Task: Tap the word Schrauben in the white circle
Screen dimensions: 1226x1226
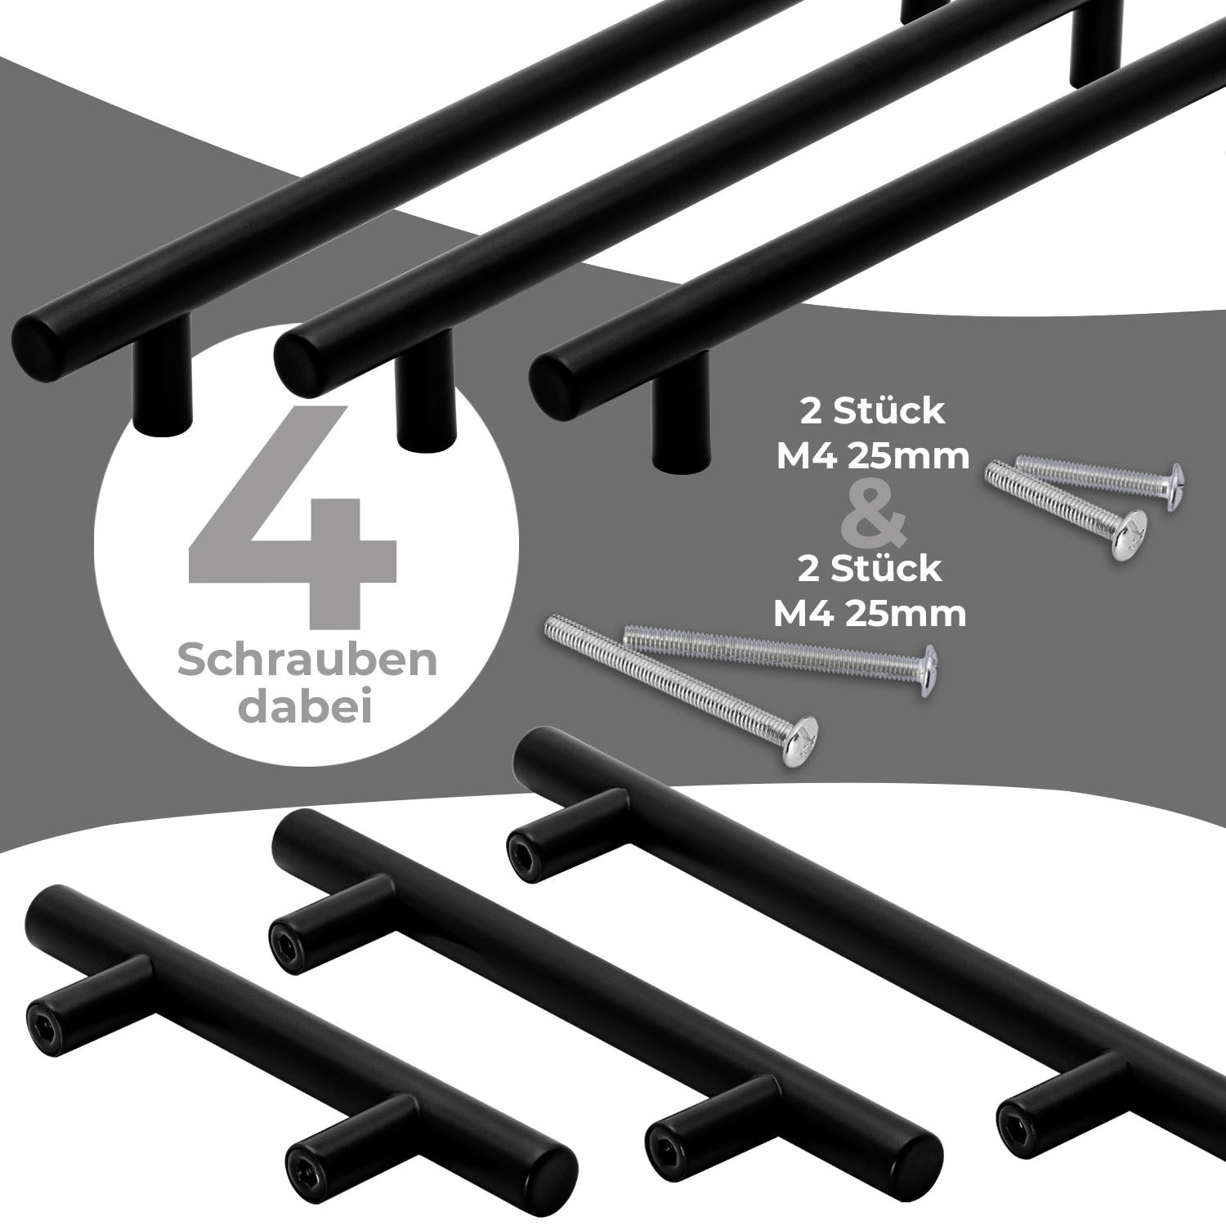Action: click(x=307, y=662)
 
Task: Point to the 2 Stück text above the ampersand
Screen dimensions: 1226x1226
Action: click(x=872, y=412)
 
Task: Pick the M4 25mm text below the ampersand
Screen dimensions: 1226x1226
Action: click(x=870, y=613)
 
